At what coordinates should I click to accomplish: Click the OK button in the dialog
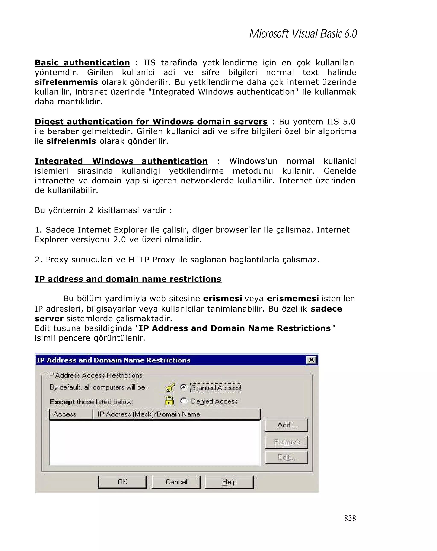[122, 482]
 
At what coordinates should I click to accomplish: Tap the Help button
[229, 482]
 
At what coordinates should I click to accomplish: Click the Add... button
[287, 425]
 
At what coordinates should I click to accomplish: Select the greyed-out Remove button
[287, 442]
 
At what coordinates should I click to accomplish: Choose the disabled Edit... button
[287, 457]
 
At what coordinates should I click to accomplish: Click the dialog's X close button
[311, 360]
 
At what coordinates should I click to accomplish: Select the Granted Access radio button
[183, 387]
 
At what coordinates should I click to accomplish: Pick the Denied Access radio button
[183, 401]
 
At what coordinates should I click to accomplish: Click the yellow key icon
[170, 387]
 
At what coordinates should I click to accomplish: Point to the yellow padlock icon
[169, 401]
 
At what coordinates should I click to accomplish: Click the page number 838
[350, 518]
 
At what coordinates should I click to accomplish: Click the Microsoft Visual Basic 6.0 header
[303, 34]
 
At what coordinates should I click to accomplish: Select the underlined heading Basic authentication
[82, 63]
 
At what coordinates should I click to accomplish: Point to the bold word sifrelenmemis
[66, 82]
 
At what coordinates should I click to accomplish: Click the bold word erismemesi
[293, 299]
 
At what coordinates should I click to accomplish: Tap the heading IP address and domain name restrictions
[128, 279]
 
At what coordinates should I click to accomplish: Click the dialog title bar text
[114, 360]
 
